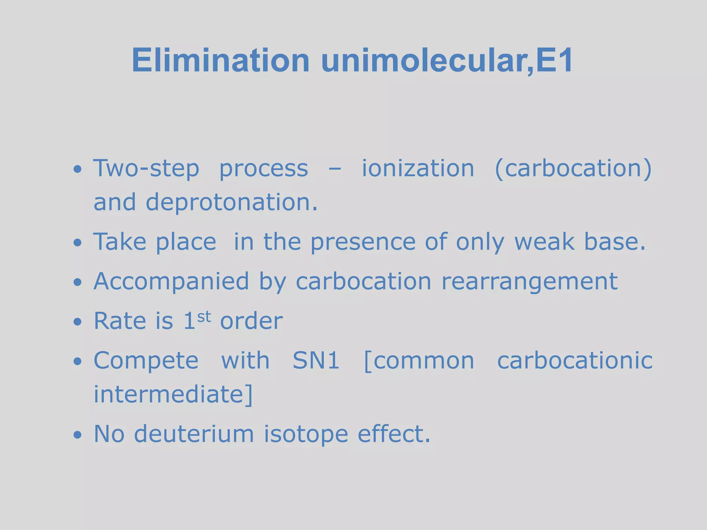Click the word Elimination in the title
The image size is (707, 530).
[221, 60]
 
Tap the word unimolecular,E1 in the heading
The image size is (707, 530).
[447, 60]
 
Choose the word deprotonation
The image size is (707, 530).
[231, 202]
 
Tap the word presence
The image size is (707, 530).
[363, 242]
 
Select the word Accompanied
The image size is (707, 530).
[171, 282]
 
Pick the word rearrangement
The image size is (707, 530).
[530, 282]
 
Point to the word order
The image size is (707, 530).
[251, 321]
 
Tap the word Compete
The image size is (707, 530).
[146, 361]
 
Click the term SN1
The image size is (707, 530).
[316, 360]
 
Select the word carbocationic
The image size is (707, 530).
[575, 360]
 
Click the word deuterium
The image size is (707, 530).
[194, 434]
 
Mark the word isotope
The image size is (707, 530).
[306, 434]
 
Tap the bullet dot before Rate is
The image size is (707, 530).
[78, 322]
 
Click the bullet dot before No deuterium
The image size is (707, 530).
[78, 434]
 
